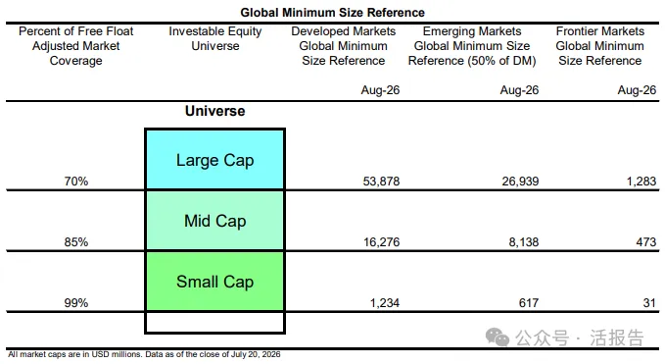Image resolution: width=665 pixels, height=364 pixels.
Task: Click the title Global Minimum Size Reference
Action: tap(333, 13)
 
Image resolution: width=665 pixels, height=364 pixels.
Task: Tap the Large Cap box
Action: tap(215, 159)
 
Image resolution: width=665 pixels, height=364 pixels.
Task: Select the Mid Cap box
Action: tap(215, 221)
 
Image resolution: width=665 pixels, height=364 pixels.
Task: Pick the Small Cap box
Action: tap(215, 282)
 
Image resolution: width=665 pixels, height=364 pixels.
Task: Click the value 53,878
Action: tap(381, 182)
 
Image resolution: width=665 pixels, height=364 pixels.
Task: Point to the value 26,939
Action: tap(520, 182)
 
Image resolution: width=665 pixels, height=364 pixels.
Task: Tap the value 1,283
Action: tap(641, 182)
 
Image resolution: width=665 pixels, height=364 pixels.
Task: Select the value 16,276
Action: tap(381, 242)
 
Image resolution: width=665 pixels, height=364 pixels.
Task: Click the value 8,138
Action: tap(524, 242)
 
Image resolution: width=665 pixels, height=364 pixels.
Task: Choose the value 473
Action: tap(646, 242)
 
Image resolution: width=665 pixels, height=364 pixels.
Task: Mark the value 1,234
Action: tap(385, 303)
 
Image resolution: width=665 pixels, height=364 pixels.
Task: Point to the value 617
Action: tap(529, 303)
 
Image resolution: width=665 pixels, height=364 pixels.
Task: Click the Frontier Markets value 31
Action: tap(649, 303)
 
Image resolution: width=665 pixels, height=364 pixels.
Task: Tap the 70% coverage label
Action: tap(76, 182)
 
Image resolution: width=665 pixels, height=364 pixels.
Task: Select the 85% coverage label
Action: tap(76, 242)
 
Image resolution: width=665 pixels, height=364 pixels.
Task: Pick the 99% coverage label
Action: tap(76, 303)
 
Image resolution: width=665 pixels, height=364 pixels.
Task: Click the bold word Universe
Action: tap(215, 111)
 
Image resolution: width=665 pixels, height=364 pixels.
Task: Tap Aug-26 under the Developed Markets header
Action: tap(380, 90)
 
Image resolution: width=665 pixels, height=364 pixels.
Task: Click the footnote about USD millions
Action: tap(144, 354)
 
